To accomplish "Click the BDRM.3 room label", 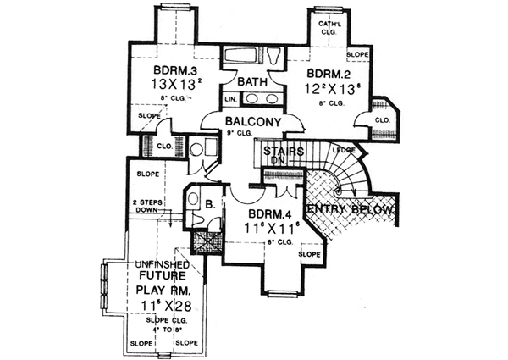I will (174, 69).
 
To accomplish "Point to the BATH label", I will (252, 82).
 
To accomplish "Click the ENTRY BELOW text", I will (351, 209).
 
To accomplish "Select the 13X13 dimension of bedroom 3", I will (174, 86).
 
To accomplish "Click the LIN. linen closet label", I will (230, 99).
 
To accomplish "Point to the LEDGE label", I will (345, 150).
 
